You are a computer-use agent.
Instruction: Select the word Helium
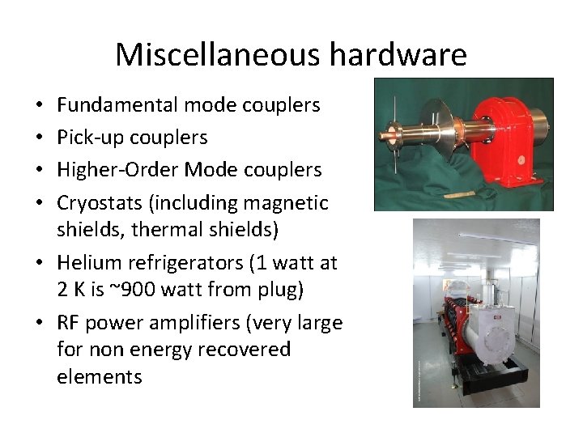tap(84, 262)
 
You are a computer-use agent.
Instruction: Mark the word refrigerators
tap(176, 262)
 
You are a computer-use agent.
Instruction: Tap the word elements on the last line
tap(100, 376)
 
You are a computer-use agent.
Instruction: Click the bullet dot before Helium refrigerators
tap(40, 263)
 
